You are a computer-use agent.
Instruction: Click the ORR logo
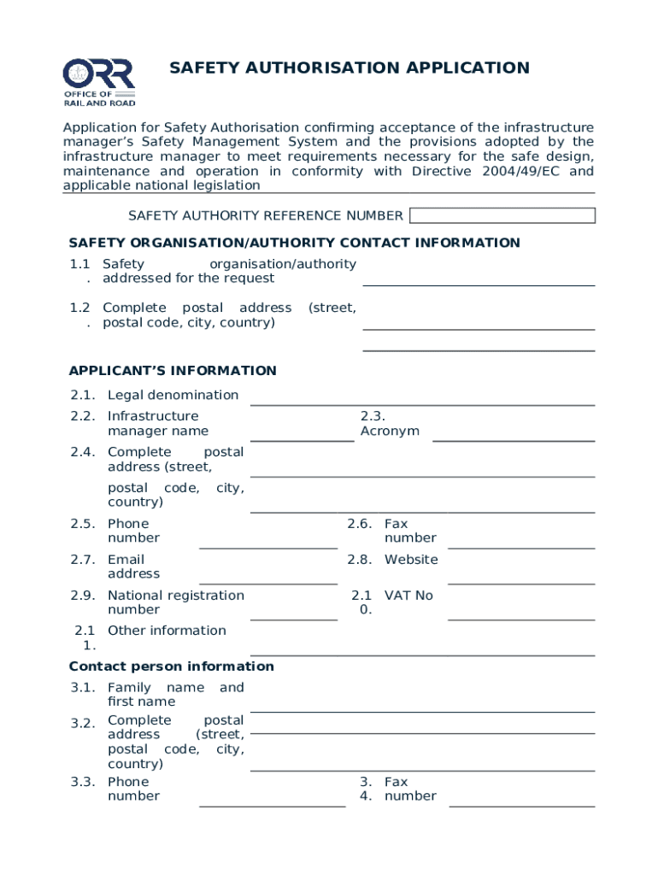click(98, 82)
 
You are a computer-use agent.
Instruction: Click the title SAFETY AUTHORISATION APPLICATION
click(349, 68)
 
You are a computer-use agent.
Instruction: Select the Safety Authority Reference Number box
click(502, 215)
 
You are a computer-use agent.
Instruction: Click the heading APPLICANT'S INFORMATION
click(173, 371)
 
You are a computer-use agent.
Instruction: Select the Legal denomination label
click(173, 395)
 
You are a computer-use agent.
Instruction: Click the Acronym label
click(390, 431)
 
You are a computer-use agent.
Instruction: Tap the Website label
click(411, 560)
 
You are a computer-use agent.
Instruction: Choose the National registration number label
click(175, 602)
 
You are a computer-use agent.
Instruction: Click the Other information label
click(167, 631)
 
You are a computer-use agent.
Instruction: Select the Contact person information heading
click(171, 667)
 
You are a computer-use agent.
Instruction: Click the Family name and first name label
click(175, 695)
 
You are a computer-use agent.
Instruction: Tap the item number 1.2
click(80, 308)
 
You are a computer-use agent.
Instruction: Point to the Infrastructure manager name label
click(157, 424)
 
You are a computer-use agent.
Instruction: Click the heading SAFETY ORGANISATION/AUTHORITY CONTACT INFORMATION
click(294, 243)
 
